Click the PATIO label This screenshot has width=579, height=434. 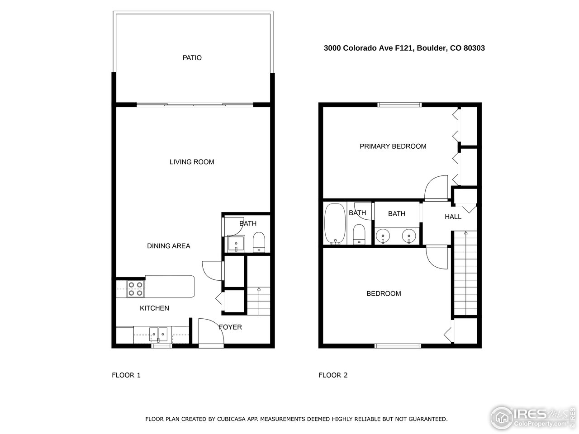pos(192,58)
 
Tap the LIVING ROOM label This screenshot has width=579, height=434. pos(192,162)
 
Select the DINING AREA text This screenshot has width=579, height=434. pos(168,246)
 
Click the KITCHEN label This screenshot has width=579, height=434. pos(154,308)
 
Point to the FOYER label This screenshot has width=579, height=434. pos(230,327)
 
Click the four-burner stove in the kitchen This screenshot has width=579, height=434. pos(136,289)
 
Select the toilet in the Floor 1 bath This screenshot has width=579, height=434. pos(259,242)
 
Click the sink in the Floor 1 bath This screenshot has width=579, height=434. pos(236,244)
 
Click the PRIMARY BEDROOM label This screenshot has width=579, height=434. pos(393,146)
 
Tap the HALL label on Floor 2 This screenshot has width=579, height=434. pos(453,217)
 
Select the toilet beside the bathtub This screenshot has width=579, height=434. pos(359,234)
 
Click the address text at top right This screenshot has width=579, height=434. pos(404,48)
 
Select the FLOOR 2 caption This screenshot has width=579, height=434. pos(333,375)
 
